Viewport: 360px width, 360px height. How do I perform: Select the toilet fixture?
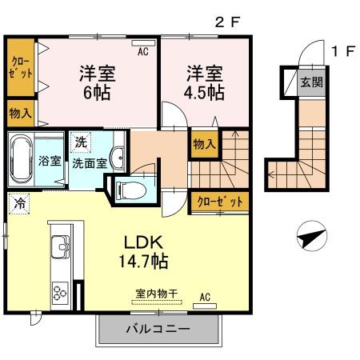(128, 190)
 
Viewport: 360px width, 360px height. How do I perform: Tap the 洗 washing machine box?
(80, 142)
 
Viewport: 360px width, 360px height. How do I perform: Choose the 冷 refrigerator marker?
(18, 203)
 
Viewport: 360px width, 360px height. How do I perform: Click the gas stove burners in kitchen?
(61, 293)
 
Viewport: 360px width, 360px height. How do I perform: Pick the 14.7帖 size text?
(144, 261)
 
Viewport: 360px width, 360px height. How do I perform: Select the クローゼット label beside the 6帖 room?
(20, 66)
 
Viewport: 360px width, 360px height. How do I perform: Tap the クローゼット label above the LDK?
(218, 201)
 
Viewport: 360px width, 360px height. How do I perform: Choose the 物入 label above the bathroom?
(20, 113)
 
